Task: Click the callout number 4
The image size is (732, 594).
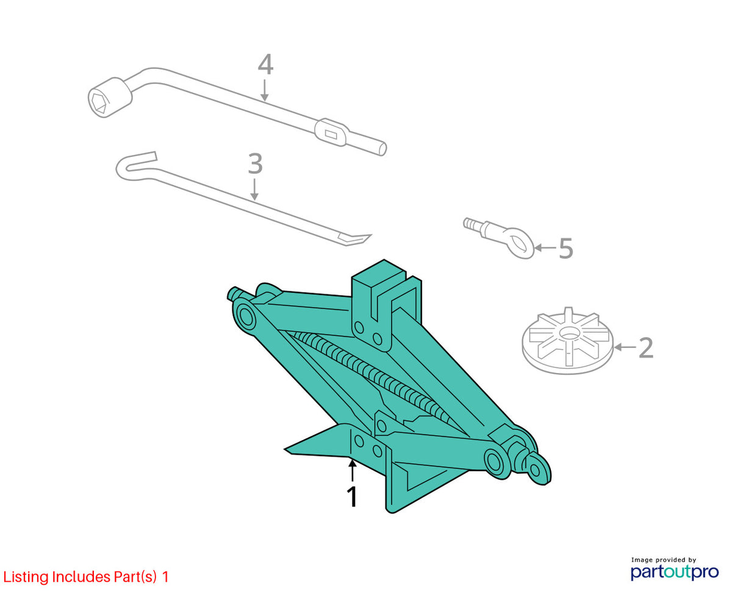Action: (x=265, y=64)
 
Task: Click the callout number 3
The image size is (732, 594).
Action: (x=256, y=164)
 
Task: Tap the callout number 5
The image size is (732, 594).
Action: (x=566, y=248)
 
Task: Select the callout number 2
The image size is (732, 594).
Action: (x=646, y=348)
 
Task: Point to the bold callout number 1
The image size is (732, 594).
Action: (x=352, y=497)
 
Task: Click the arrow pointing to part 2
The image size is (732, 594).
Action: (x=625, y=347)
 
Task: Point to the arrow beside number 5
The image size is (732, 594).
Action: (x=545, y=248)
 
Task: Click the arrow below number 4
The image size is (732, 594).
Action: (x=264, y=90)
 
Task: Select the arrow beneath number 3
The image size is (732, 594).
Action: (x=254, y=189)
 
